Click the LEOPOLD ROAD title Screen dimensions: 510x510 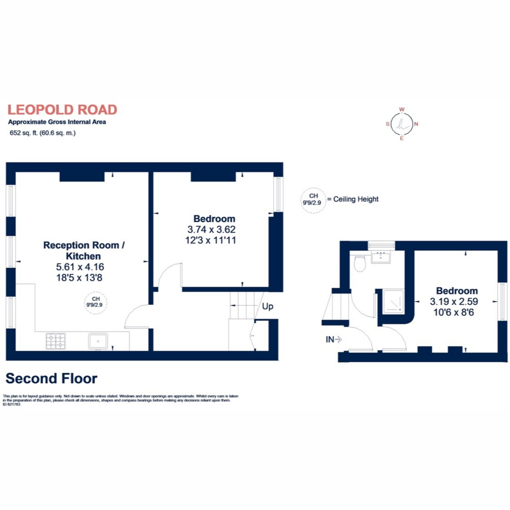pos(62,110)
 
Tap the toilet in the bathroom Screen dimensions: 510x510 pos(360,263)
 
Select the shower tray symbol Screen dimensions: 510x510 pos(394,302)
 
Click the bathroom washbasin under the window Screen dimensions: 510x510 pos(381,257)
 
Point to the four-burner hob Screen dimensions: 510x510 pos(56,341)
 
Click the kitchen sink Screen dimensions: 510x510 pos(98,341)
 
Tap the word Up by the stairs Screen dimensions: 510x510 pos(267,306)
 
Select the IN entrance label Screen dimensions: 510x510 pos(330,340)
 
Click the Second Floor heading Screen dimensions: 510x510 pos(51,378)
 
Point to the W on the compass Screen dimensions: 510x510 pos(402,110)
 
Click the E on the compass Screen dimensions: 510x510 pos(402,139)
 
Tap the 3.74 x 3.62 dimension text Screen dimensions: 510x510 pos(211,229)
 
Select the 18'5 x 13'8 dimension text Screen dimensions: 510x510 pos(80,278)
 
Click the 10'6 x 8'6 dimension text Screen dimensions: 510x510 pos(453,312)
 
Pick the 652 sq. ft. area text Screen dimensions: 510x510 pos(42,133)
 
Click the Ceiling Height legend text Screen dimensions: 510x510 pos(356,199)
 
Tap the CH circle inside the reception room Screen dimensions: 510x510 pos(96,302)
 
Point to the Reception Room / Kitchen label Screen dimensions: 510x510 pos(84,250)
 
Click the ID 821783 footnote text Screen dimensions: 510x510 pos(11,405)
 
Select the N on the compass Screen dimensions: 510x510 pos(416,124)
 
